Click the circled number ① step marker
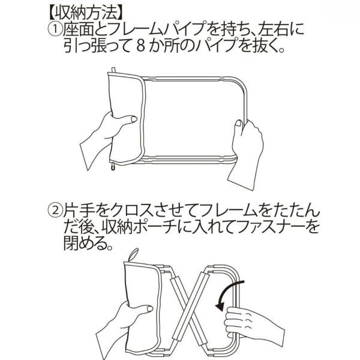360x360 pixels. (x=55, y=28)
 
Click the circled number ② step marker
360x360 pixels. (x=55, y=211)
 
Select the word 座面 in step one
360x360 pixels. (x=79, y=28)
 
